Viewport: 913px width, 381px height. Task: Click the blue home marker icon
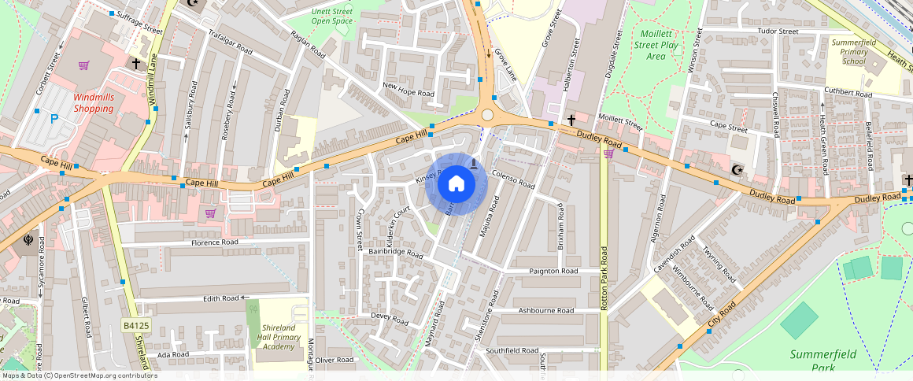(x=456, y=184)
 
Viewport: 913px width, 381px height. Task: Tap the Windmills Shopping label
(x=94, y=102)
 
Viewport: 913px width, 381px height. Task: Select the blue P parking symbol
(x=54, y=119)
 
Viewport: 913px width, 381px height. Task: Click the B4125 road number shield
(x=135, y=325)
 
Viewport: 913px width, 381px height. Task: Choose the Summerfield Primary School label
(x=853, y=50)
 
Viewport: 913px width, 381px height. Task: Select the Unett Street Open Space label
(x=332, y=17)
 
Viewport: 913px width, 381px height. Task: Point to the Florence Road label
(x=214, y=243)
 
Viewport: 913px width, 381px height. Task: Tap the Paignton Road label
(x=554, y=271)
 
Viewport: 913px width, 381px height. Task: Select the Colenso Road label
(x=512, y=180)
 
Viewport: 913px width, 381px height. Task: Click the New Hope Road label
(x=408, y=89)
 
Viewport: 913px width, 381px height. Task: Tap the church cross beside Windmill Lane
(x=136, y=62)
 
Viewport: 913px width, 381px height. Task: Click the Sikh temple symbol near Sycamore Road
(x=29, y=239)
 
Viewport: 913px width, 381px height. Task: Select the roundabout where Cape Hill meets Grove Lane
(x=488, y=115)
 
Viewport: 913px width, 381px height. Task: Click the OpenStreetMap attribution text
(x=79, y=375)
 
